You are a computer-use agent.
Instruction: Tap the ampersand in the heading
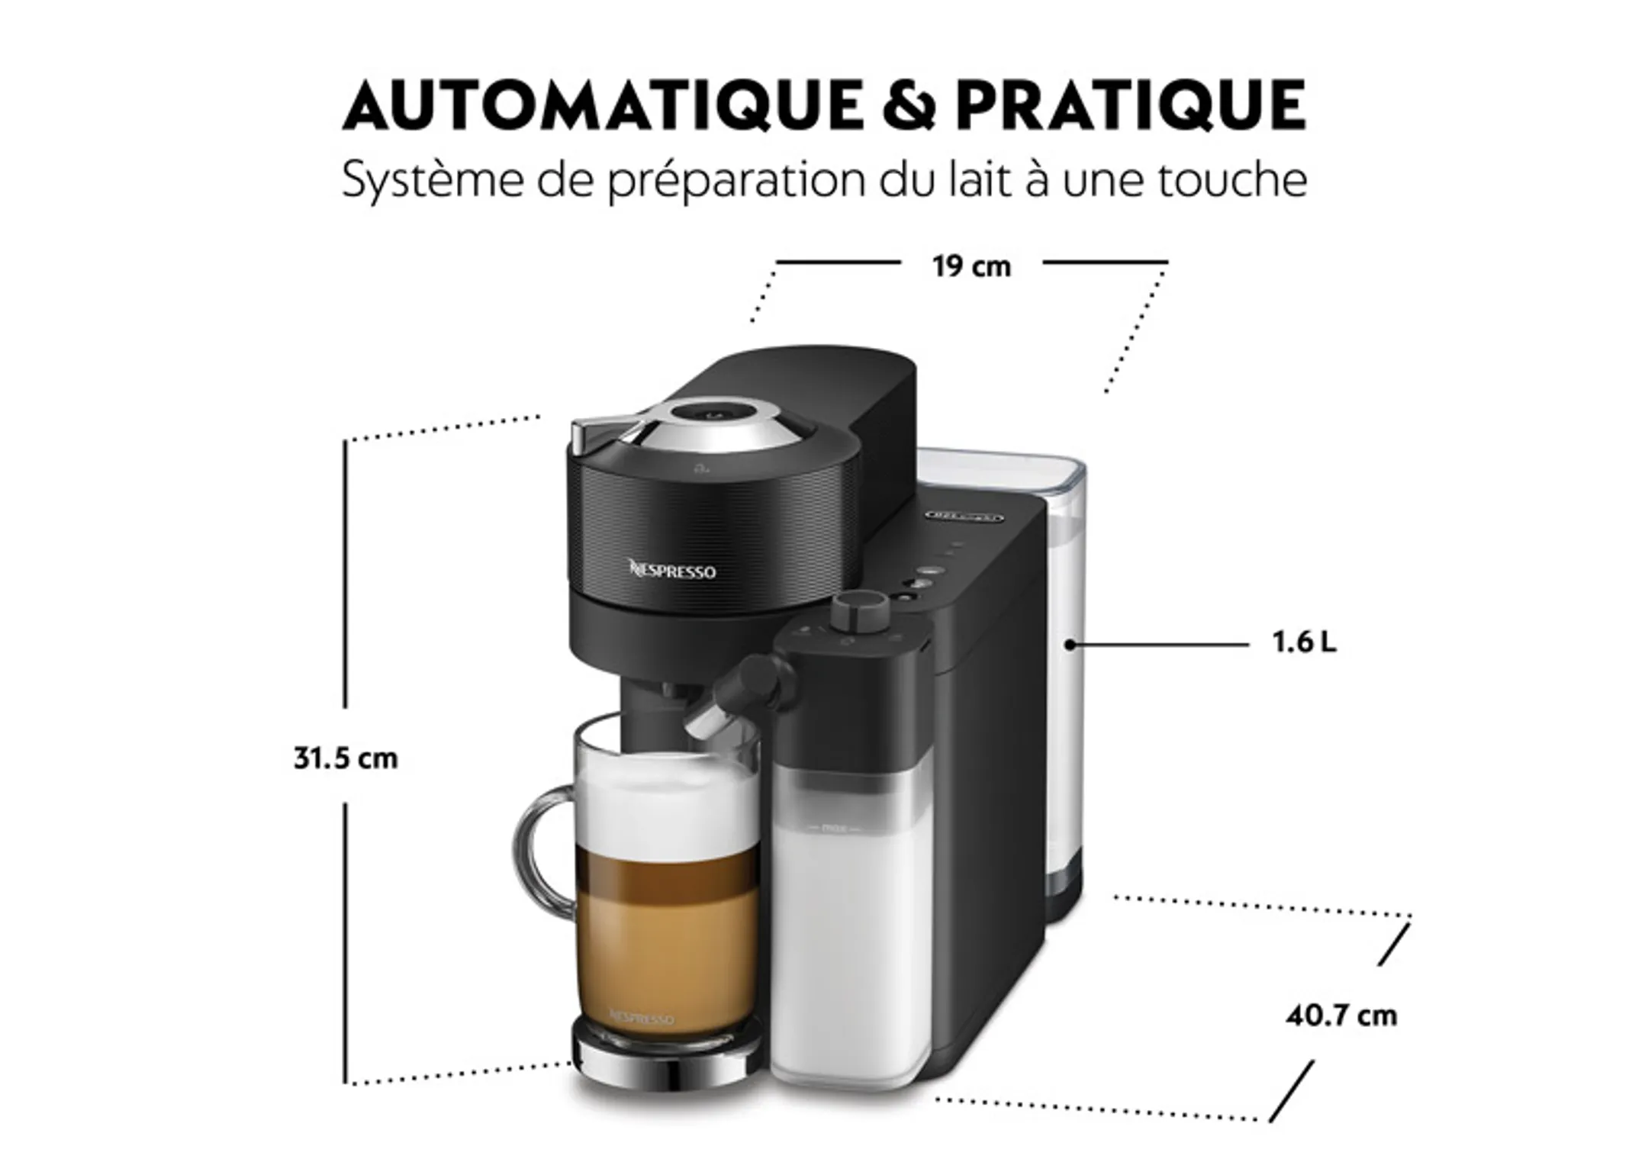click(x=908, y=105)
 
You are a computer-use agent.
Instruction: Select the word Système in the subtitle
click(x=432, y=180)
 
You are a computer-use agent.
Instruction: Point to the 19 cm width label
click(x=970, y=266)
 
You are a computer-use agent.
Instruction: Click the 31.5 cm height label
click(x=346, y=758)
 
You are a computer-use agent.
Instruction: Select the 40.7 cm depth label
click(x=1341, y=1016)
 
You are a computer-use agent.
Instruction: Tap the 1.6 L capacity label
click(x=1304, y=642)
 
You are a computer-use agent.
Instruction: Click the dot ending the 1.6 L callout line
click(x=1070, y=645)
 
